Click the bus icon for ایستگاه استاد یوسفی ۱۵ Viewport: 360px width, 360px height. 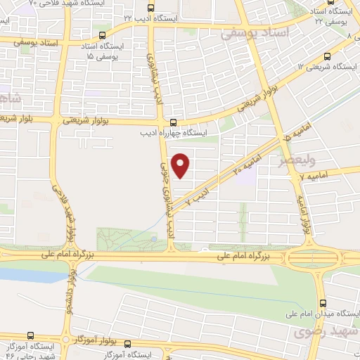pos(103,34)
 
